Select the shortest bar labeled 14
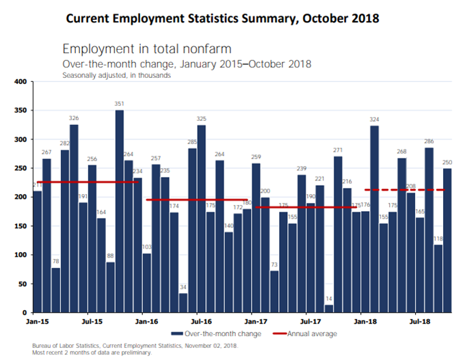329,308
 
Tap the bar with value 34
183,302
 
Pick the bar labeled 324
375,219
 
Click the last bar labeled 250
447,240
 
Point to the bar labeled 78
56,290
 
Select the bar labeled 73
274,291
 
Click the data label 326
74,118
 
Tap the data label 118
438,238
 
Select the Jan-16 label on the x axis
146,320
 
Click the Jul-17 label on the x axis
311,320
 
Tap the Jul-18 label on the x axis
420,320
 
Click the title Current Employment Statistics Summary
223,16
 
